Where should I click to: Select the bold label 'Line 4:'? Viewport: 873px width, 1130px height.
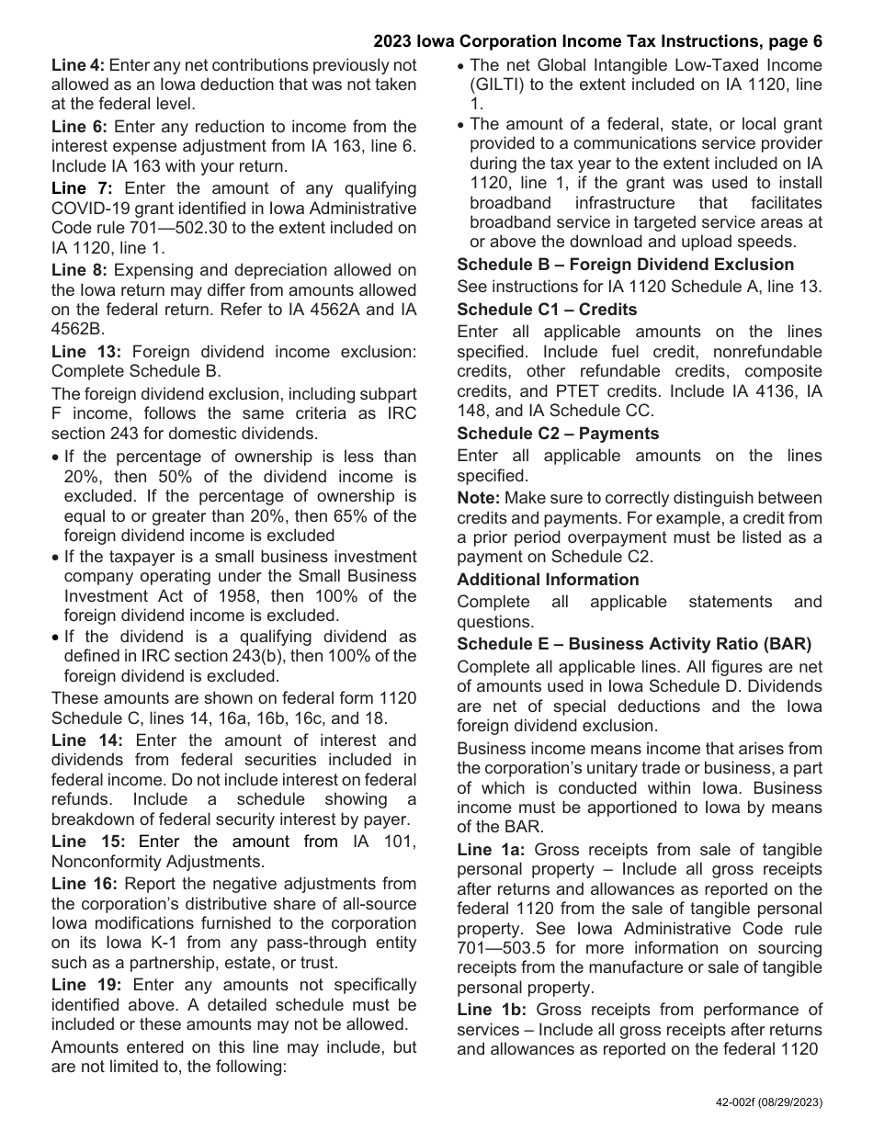(78, 65)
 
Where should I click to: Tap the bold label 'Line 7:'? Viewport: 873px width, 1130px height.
(78, 188)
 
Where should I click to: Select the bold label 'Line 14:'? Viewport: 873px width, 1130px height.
(83, 740)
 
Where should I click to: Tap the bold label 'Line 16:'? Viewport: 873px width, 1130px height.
(84, 884)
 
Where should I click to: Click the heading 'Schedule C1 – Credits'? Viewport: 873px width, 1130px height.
(547, 310)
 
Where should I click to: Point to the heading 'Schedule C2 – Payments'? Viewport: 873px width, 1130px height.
(558, 434)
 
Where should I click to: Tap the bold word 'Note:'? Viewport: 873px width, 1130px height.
(478, 498)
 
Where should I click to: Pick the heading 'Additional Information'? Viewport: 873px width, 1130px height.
(548, 580)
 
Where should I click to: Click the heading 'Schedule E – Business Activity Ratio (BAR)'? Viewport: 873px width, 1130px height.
(634, 644)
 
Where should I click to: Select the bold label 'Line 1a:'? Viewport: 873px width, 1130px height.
(491, 850)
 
